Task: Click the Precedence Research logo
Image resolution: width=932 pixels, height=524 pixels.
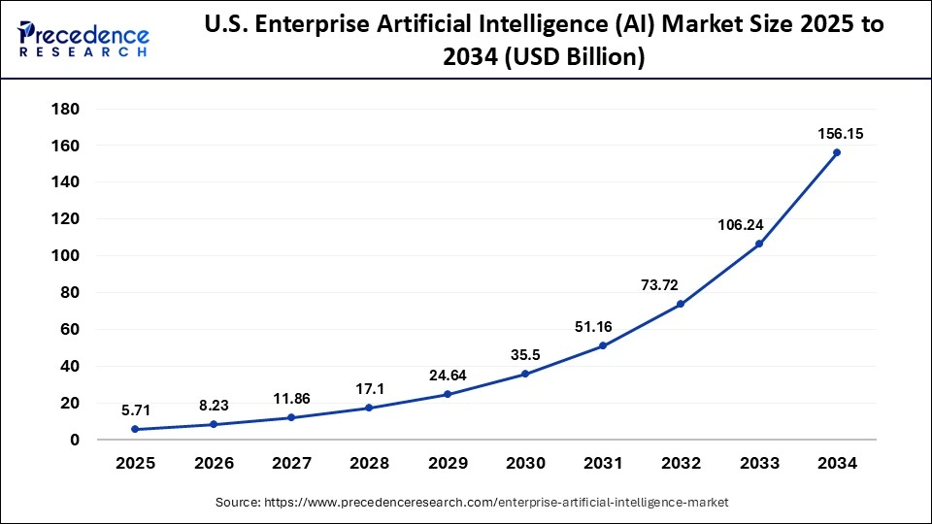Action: coord(83,39)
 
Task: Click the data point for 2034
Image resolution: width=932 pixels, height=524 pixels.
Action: coord(836,152)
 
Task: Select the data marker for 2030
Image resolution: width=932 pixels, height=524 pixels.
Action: coord(525,374)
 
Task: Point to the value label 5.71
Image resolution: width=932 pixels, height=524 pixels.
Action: coord(136,410)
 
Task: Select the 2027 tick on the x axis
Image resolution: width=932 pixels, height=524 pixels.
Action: coord(291,464)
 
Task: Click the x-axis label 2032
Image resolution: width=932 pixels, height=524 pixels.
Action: coord(681,464)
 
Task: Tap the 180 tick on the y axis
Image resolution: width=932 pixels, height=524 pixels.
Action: coord(65,109)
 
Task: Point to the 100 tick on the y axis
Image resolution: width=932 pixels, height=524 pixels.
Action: coord(65,256)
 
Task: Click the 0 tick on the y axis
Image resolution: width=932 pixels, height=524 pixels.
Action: coord(74,440)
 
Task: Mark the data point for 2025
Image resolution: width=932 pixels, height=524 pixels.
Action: coord(136,429)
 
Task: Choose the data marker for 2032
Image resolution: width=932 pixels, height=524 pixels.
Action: coord(681,304)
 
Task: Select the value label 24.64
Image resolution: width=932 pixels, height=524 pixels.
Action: coord(448,376)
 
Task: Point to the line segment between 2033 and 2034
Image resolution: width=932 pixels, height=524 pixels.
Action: coord(797,198)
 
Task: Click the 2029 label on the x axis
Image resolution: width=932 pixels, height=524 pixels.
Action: coord(448,464)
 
